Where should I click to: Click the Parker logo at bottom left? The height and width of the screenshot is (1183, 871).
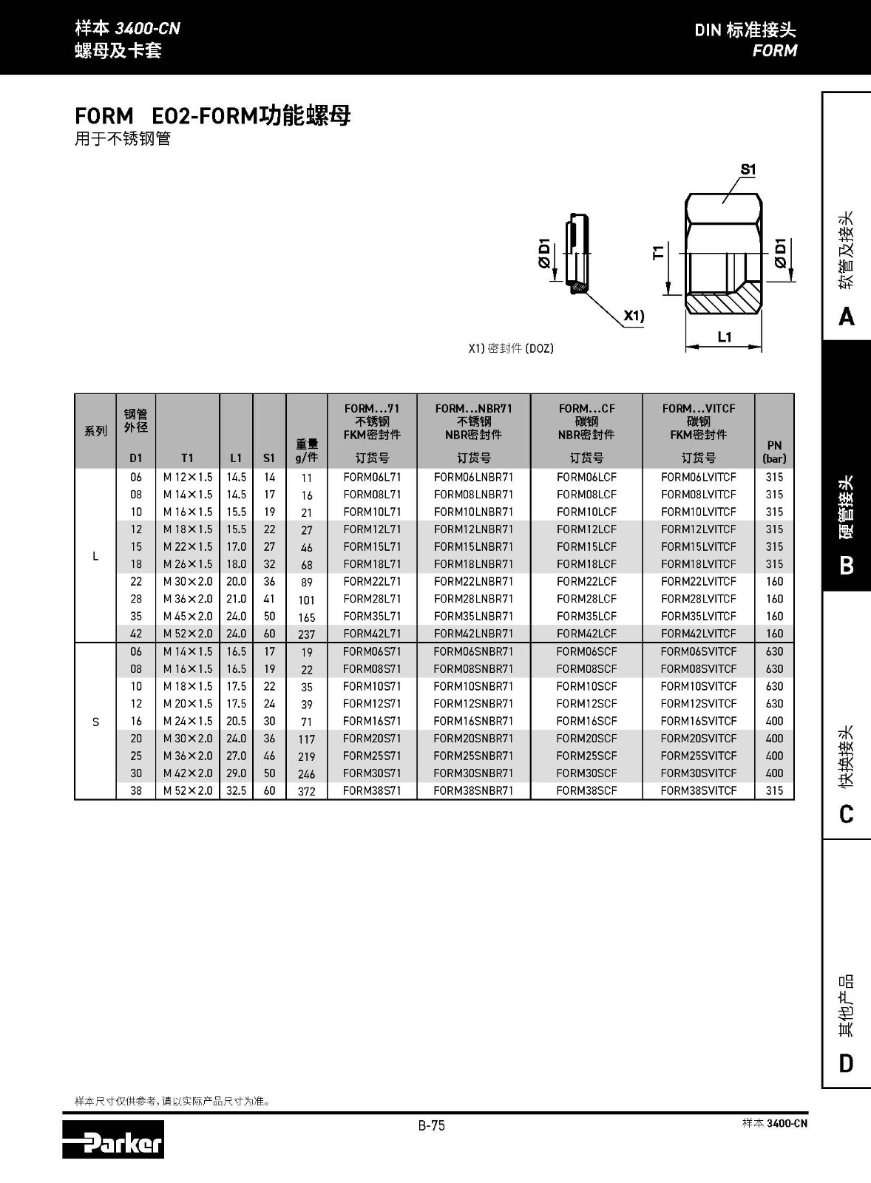click(x=113, y=1139)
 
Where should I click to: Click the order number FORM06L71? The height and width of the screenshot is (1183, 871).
click(x=372, y=478)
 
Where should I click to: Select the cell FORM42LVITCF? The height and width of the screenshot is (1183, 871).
click(x=698, y=634)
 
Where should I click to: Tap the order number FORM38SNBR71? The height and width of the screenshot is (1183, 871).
click(x=473, y=790)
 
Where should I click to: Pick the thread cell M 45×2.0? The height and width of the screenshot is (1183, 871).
click(x=188, y=617)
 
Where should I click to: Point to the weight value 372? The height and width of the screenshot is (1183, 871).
click(x=306, y=791)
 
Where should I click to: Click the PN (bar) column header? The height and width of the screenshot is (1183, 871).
click(x=774, y=452)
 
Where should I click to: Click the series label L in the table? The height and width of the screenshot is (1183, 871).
click(x=95, y=556)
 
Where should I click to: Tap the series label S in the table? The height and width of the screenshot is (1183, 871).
click(x=95, y=722)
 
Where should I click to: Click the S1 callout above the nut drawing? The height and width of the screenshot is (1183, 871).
click(x=748, y=169)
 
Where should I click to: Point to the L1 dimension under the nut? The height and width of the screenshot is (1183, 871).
click(x=725, y=337)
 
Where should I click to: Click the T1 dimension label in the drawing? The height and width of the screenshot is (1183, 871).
click(x=658, y=252)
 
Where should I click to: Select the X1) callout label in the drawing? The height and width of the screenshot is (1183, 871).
click(x=634, y=316)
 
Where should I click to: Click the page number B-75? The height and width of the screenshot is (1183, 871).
click(x=432, y=1125)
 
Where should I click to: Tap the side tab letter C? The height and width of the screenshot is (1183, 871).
click(x=847, y=814)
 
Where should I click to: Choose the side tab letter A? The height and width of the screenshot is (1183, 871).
click(x=847, y=316)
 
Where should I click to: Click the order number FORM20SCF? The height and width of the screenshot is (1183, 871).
click(x=586, y=739)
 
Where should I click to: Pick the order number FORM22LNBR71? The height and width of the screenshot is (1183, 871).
click(x=473, y=582)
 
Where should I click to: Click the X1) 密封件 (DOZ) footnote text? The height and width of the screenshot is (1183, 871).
click(x=510, y=348)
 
